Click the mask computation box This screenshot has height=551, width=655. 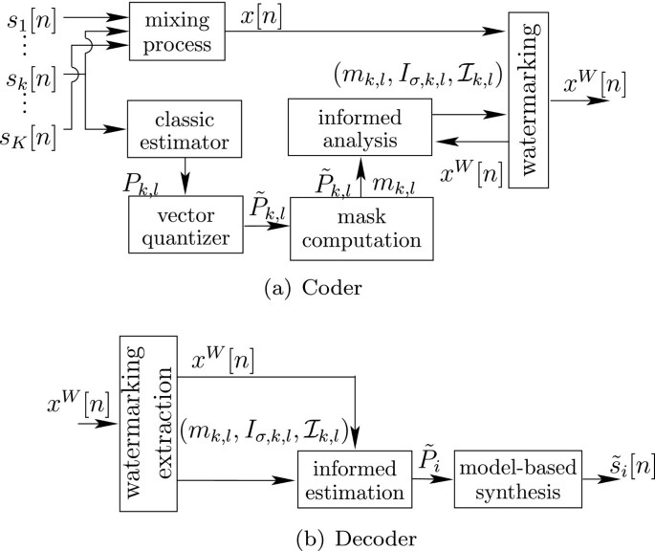point(361,223)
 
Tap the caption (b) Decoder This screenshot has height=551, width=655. point(327,539)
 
